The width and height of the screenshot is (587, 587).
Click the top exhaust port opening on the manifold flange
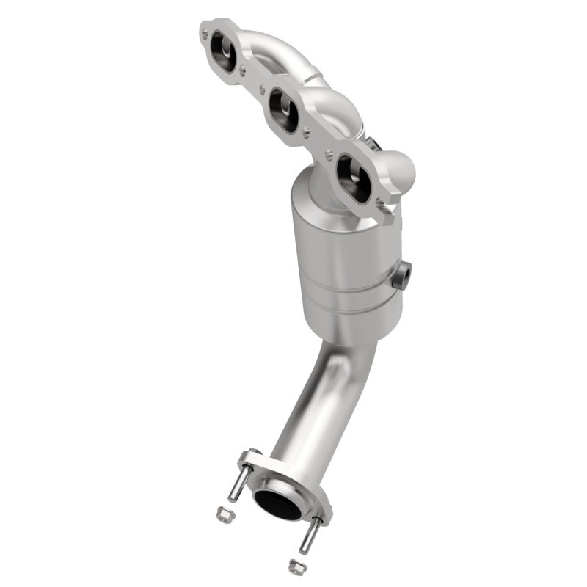click(224, 52)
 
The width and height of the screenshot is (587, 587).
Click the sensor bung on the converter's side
click(402, 275)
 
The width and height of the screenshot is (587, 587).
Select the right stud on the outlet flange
click(308, 536)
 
